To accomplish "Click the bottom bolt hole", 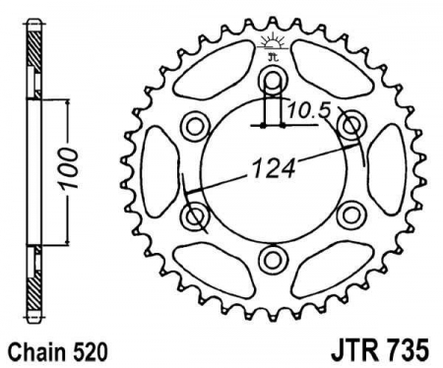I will pyautogui.click(x=272, y=258).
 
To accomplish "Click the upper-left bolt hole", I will pyautogui.click(x=195, y=124).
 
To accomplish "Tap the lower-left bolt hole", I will pyautogui.click(x=195, y=214).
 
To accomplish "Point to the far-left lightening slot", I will pyautogui.click(x=157, y=169).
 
